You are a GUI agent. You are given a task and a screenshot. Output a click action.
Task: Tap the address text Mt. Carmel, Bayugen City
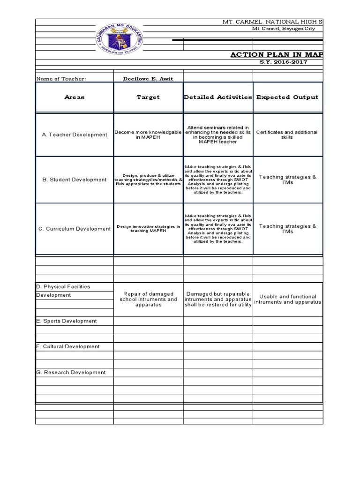pos(284,29)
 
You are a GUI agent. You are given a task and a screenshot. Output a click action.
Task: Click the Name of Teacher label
pos(61,79)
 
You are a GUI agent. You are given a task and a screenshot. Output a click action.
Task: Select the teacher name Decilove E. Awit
pos(148,79)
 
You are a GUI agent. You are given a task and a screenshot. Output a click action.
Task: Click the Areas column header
pos(75,97)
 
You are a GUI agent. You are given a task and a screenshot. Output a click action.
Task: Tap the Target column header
pos(148,97)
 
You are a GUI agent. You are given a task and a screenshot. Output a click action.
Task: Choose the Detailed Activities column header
pos(218,97)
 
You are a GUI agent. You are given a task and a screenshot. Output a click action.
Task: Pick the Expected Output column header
pos(287,97)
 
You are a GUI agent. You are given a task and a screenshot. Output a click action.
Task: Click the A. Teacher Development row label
pos(75,135)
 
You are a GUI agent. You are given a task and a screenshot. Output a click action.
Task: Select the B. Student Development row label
pos(75,180)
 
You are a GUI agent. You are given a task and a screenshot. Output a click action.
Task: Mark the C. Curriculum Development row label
pos(75,229)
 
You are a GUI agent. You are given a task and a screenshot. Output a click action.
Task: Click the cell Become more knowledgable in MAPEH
pos(148,135)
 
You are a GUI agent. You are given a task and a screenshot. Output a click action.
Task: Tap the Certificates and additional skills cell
pos(287,135)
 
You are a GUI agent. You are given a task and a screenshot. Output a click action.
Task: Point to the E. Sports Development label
pos(67,321)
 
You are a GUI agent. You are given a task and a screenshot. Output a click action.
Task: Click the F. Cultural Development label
pos(68,347)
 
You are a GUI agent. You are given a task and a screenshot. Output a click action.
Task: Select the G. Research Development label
pos(71,373)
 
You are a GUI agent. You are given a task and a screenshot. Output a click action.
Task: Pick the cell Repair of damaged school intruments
pos(148,299)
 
